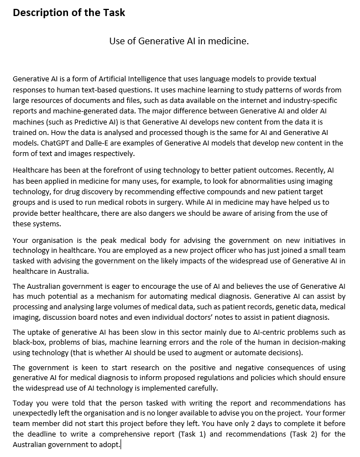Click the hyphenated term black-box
tap(30, 342)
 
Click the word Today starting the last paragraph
tap(23, 403)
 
